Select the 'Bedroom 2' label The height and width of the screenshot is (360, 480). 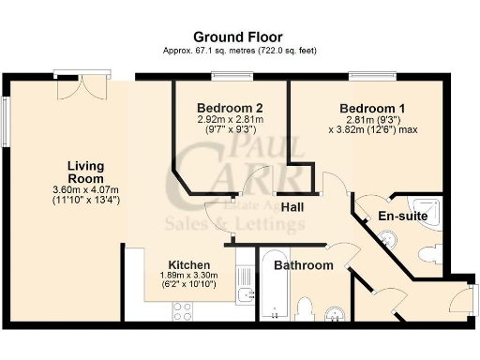click(230, 107)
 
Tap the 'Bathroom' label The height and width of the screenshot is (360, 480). click(303, 265)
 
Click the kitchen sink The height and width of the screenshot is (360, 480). click(245, 298)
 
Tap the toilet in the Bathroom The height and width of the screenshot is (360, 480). click(304, 308)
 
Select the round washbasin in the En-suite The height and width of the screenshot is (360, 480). click(391, 242)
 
